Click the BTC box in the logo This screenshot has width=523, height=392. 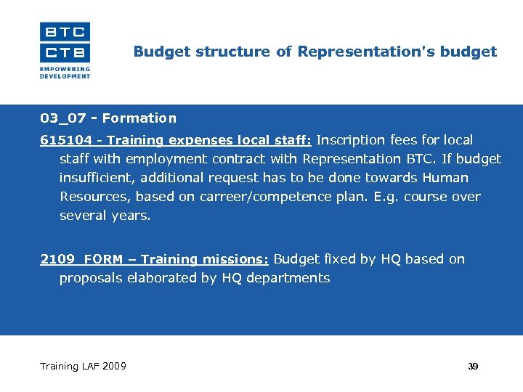pyautogui.click(x=65, y=31)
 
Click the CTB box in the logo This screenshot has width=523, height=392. pyautogui.click(x=65, y=52)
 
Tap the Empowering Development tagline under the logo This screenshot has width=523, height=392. pyautogui.click(x=65, y=73)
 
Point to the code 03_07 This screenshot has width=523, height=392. pyautogui.click(x=63, y=118)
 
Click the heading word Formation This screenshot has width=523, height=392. pyautogui.click(x=139, y=118)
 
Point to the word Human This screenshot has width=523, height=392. pyautogui.click(x=445, y=178)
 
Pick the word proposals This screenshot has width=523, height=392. pyautogui.click(x=92, y=278)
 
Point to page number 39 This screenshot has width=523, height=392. pyautogui.click(x=473, y=367)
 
